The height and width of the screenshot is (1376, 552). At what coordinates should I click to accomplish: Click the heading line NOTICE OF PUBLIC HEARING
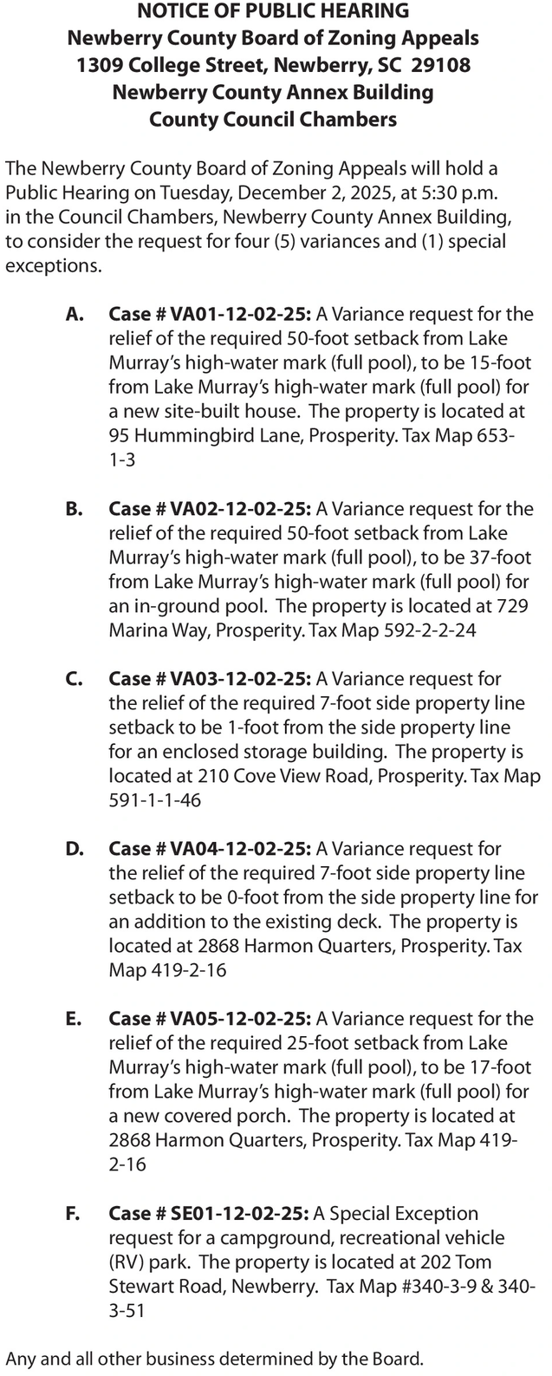pos(273,12)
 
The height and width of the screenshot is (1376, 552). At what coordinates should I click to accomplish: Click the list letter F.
pos(73,1213)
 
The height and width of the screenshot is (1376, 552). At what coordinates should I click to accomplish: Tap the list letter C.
pos(74,678)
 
